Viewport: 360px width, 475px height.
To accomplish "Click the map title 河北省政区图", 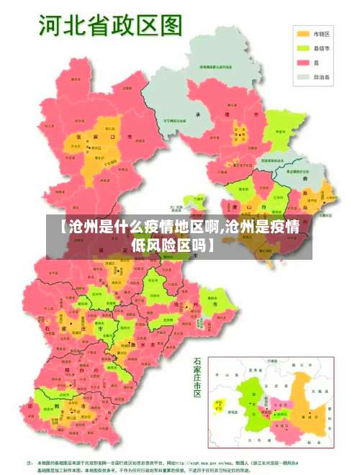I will tap(107, 27).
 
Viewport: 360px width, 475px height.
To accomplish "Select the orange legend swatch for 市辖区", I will tap(303, 34).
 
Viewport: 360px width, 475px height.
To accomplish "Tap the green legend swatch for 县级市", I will tap(303, 48).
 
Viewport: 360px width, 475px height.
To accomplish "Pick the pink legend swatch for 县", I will tap(303, 63).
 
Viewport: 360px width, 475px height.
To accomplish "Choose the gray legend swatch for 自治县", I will tap(303, 76).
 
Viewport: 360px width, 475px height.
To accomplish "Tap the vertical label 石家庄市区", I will tap(197, 377).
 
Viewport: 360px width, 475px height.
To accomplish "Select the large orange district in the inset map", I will tap(310, 407).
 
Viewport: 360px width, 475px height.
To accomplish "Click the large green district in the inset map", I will tap(252, 407).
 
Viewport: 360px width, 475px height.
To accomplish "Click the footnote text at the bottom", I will tap(180, 464).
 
